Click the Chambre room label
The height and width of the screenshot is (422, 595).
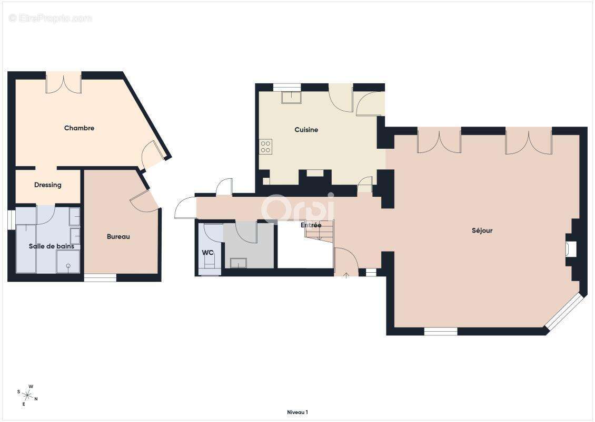pos(79,128)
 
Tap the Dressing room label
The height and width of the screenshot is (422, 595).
pos(48,185)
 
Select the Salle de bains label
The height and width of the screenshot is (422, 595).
pos(51,246)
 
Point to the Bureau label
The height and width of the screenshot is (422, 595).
pos(118,237)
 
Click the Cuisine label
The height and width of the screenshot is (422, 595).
pos(306,130)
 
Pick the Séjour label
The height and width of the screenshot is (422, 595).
pos(482,231)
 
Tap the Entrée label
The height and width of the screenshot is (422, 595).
pos(311,226)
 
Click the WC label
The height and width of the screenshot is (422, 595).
pos(207,253)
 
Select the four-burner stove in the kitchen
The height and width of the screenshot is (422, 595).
pos(266,147)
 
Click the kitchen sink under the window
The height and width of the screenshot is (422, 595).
pos(291,98)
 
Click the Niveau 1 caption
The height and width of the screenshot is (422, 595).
pos(297,412)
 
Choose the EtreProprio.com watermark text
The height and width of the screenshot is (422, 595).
pos(51,18)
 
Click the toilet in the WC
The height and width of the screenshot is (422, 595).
pos(210,263)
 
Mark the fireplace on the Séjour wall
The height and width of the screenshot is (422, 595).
pos(571,248)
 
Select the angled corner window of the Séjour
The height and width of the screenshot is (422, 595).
pos(564,312)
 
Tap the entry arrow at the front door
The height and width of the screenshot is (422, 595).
pos(346,274)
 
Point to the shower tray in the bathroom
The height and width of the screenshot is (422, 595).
pos(68,262)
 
